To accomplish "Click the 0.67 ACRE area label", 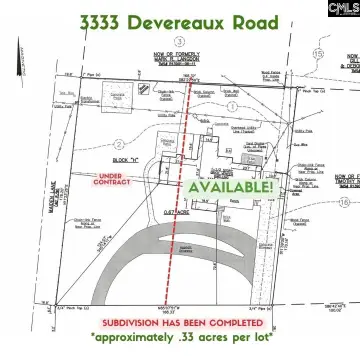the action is (180, 207).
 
